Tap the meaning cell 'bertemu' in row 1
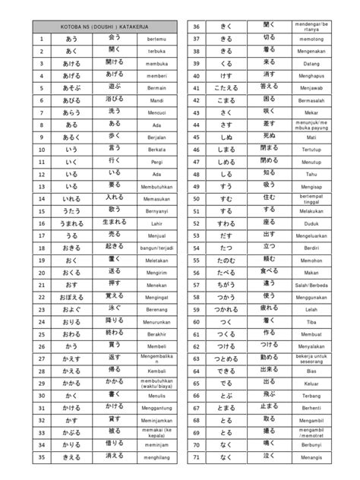(x=156, y=38)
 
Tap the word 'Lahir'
(x=156, y=224)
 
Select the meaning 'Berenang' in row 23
(x=156, y=309)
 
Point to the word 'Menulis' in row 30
(x=156, y=395)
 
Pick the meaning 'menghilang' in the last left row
(x=156, y=458)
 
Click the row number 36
(x=195, y=25)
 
